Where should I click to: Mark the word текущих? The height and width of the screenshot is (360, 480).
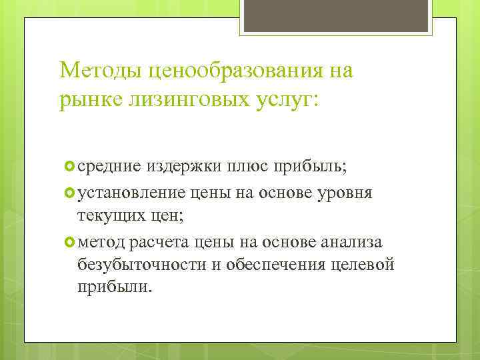pos(108,215)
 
